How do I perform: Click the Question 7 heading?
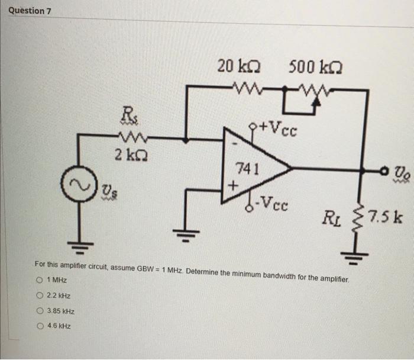[27, 11]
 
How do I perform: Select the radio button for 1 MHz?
[39, 279]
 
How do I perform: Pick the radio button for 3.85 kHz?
[39, 310]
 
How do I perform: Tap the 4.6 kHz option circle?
[39, 326]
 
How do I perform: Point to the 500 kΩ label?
[316, 66]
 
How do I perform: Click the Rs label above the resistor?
[127, 112]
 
